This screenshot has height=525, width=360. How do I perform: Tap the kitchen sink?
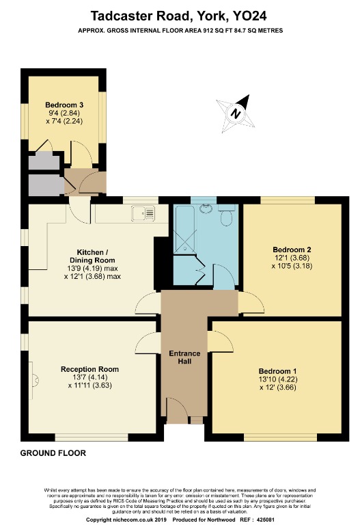pos(145,213)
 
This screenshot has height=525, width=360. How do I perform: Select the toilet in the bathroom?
pos(228,216)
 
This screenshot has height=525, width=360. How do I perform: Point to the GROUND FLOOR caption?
pos(53,453)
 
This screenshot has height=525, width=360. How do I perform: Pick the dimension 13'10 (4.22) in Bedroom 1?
pos(276,379)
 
